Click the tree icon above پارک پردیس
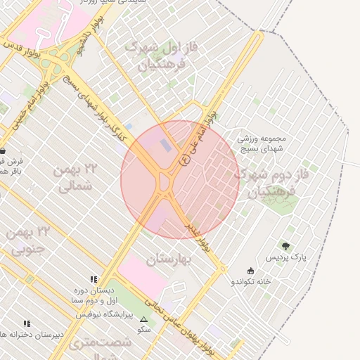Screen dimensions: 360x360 click(285, 246)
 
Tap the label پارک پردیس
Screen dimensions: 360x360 click(285, 257)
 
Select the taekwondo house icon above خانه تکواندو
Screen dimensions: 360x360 click(251, 271)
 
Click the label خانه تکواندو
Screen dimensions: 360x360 click(252, 282)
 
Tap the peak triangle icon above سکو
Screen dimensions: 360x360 click(144, 319)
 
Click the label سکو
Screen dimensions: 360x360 click(144, 330)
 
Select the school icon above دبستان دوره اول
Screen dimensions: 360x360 click(94, 279)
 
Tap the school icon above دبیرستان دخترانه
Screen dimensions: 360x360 click(27, 323)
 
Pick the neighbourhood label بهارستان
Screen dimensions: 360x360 click(169, 260)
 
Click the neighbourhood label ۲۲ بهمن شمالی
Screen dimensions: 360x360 click(79, 177)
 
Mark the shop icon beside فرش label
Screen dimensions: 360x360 click(4, 150)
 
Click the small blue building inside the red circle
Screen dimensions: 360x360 click(165, 146)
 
